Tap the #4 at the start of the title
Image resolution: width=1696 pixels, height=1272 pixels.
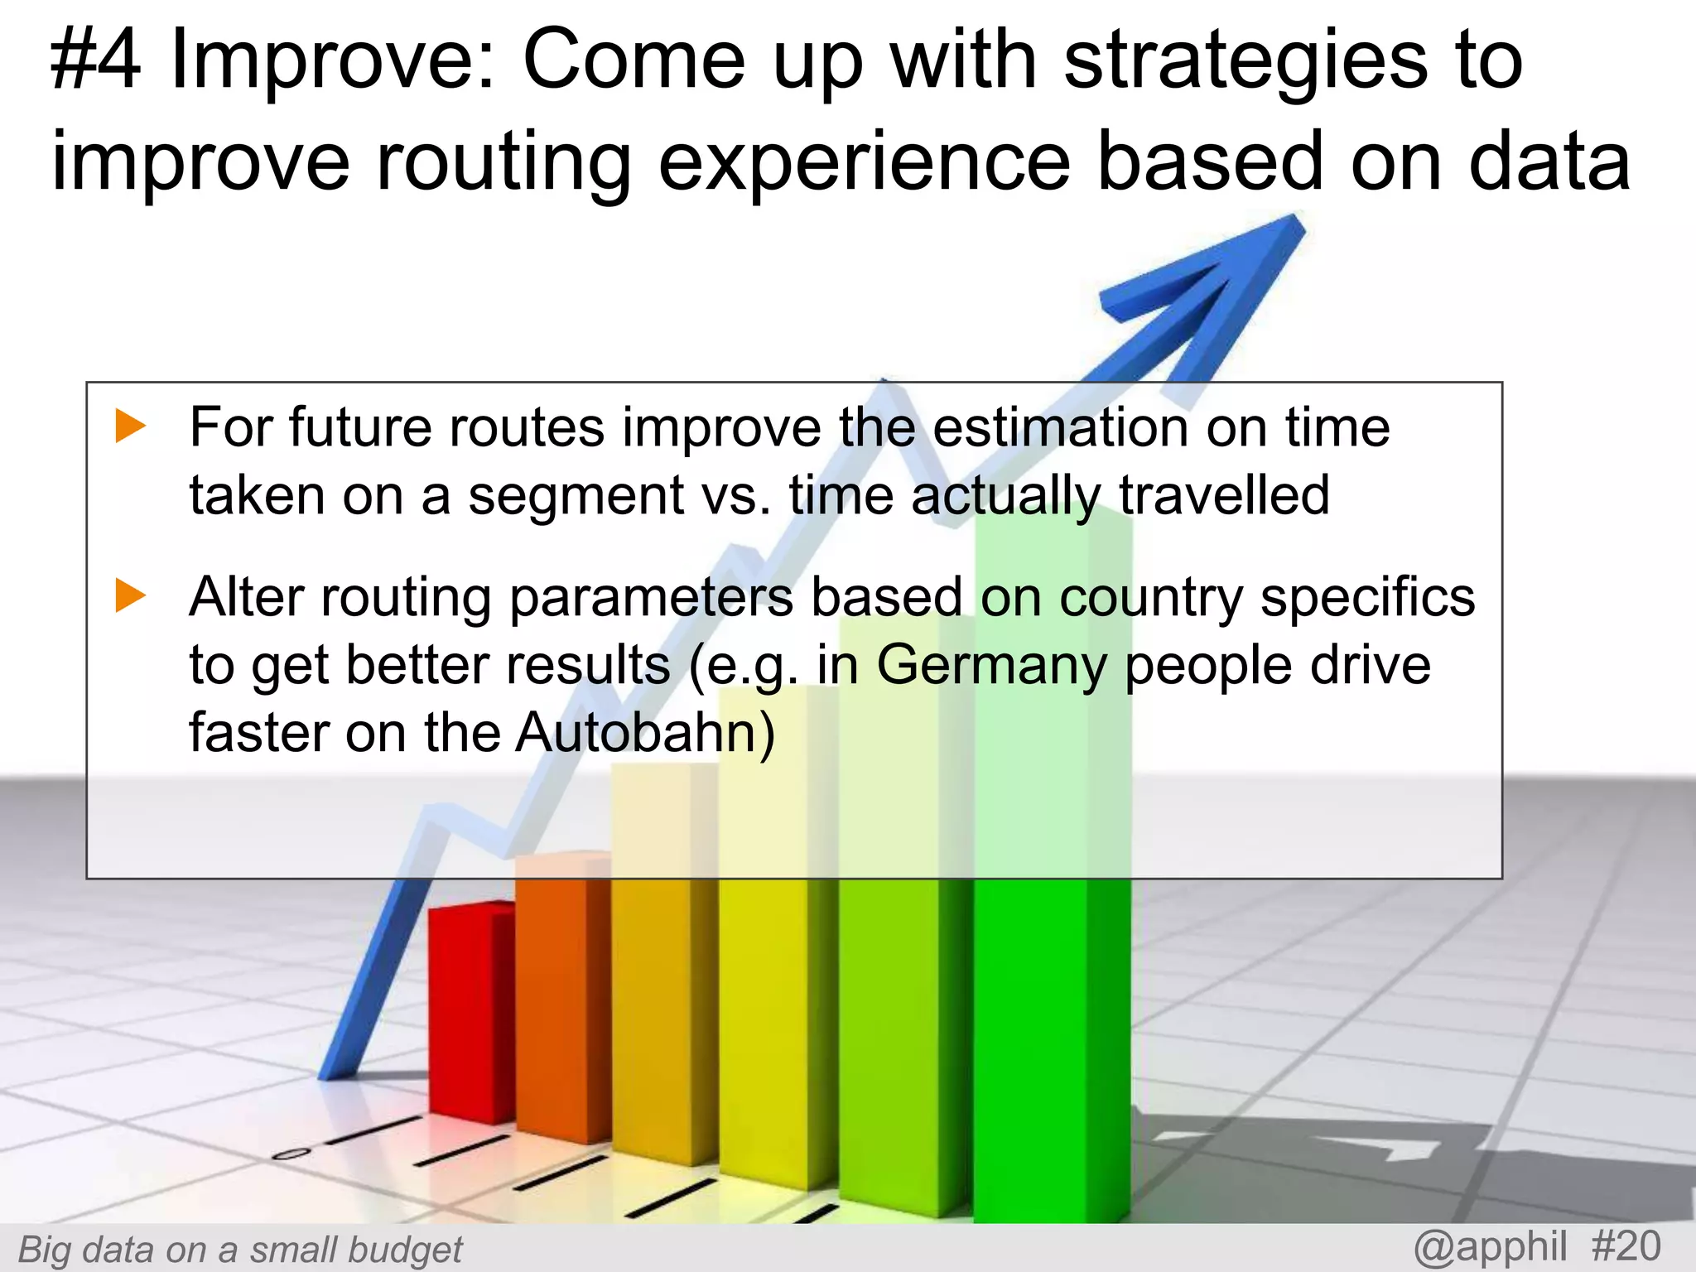pyautogui.click(x=95, y=62)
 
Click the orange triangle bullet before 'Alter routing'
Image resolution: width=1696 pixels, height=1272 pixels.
pyautogui.click(x=130, y=595)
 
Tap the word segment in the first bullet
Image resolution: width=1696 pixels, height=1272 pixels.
pyautogui.click(x=576, y=496)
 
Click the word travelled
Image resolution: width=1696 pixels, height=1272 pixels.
pyautogui.click(x=1223, y=496)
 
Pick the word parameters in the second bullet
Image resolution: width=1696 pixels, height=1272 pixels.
pyautogui.click(x=651, y=598)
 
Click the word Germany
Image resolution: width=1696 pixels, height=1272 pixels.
pyautogui.click(x=990, y=666)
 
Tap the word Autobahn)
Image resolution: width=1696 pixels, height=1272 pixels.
pyautogui.click(x=645, y=734)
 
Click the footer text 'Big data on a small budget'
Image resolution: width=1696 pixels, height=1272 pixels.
pyautogui.click(x=240, y=1250)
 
